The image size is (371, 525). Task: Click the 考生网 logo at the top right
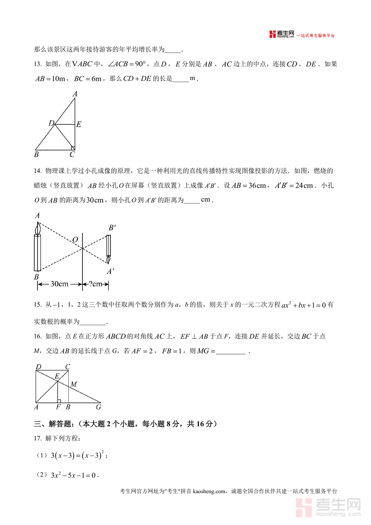click(x=282, y=35)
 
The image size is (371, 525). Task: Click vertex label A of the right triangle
click(x=75, y=94)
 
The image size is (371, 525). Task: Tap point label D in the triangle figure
click(x=52, y=123)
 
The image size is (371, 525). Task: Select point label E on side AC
click(x=79, y=124)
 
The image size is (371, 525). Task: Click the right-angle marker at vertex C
click(x=73, y=147)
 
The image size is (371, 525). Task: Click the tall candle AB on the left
click(x=38, y=252)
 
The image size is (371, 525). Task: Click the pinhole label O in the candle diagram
click(x=75, y=240)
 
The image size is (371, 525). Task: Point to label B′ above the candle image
click(x=112, y=227)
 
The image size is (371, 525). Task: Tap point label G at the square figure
click(x=99, y=407)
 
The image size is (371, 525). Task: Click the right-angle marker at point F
click(x=59, y=400)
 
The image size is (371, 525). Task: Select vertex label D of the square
click(x=38, y=367)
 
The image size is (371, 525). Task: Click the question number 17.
click(x=38, y=438)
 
